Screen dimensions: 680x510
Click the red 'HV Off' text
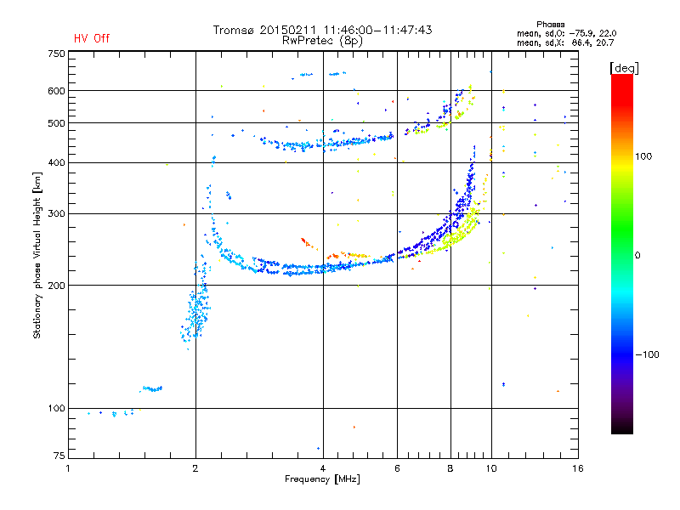click(92, 38)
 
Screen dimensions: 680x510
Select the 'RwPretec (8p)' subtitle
click(322, 41)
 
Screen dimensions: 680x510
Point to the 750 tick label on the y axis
click(57, 54)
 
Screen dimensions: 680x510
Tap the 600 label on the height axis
click(57, 91)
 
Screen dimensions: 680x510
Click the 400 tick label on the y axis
click(57, 163)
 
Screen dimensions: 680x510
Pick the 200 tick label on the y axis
click(57, 286)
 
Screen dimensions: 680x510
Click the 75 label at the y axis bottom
click(59, 456)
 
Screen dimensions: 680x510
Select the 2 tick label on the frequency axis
click(195, 468)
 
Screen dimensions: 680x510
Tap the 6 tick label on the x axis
click(397, 468)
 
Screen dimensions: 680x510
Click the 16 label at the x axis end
click(578, 468)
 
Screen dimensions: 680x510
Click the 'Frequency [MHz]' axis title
click(322, 479)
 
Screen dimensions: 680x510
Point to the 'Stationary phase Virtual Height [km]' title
click(37, 256)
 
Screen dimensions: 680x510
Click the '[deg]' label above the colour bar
click(624, 69)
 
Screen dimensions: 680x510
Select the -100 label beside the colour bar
click(648, 354)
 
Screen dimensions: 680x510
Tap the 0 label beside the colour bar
click(637, 256)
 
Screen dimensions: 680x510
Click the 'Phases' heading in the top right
click(550, 25)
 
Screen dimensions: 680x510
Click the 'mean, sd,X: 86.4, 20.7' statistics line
click(565, 43)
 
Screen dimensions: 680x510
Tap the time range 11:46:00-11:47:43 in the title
click(377, 30)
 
